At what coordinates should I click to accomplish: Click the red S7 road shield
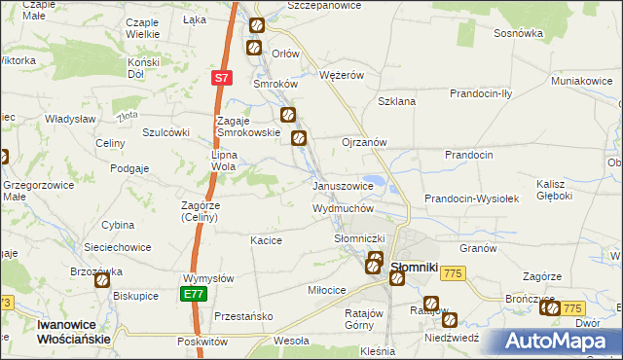223,77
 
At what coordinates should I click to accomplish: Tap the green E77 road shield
194,293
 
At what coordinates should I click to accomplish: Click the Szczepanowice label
324,6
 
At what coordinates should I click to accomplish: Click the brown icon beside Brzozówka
102,279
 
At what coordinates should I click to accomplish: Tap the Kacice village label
266,240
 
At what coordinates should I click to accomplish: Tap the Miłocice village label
326,291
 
